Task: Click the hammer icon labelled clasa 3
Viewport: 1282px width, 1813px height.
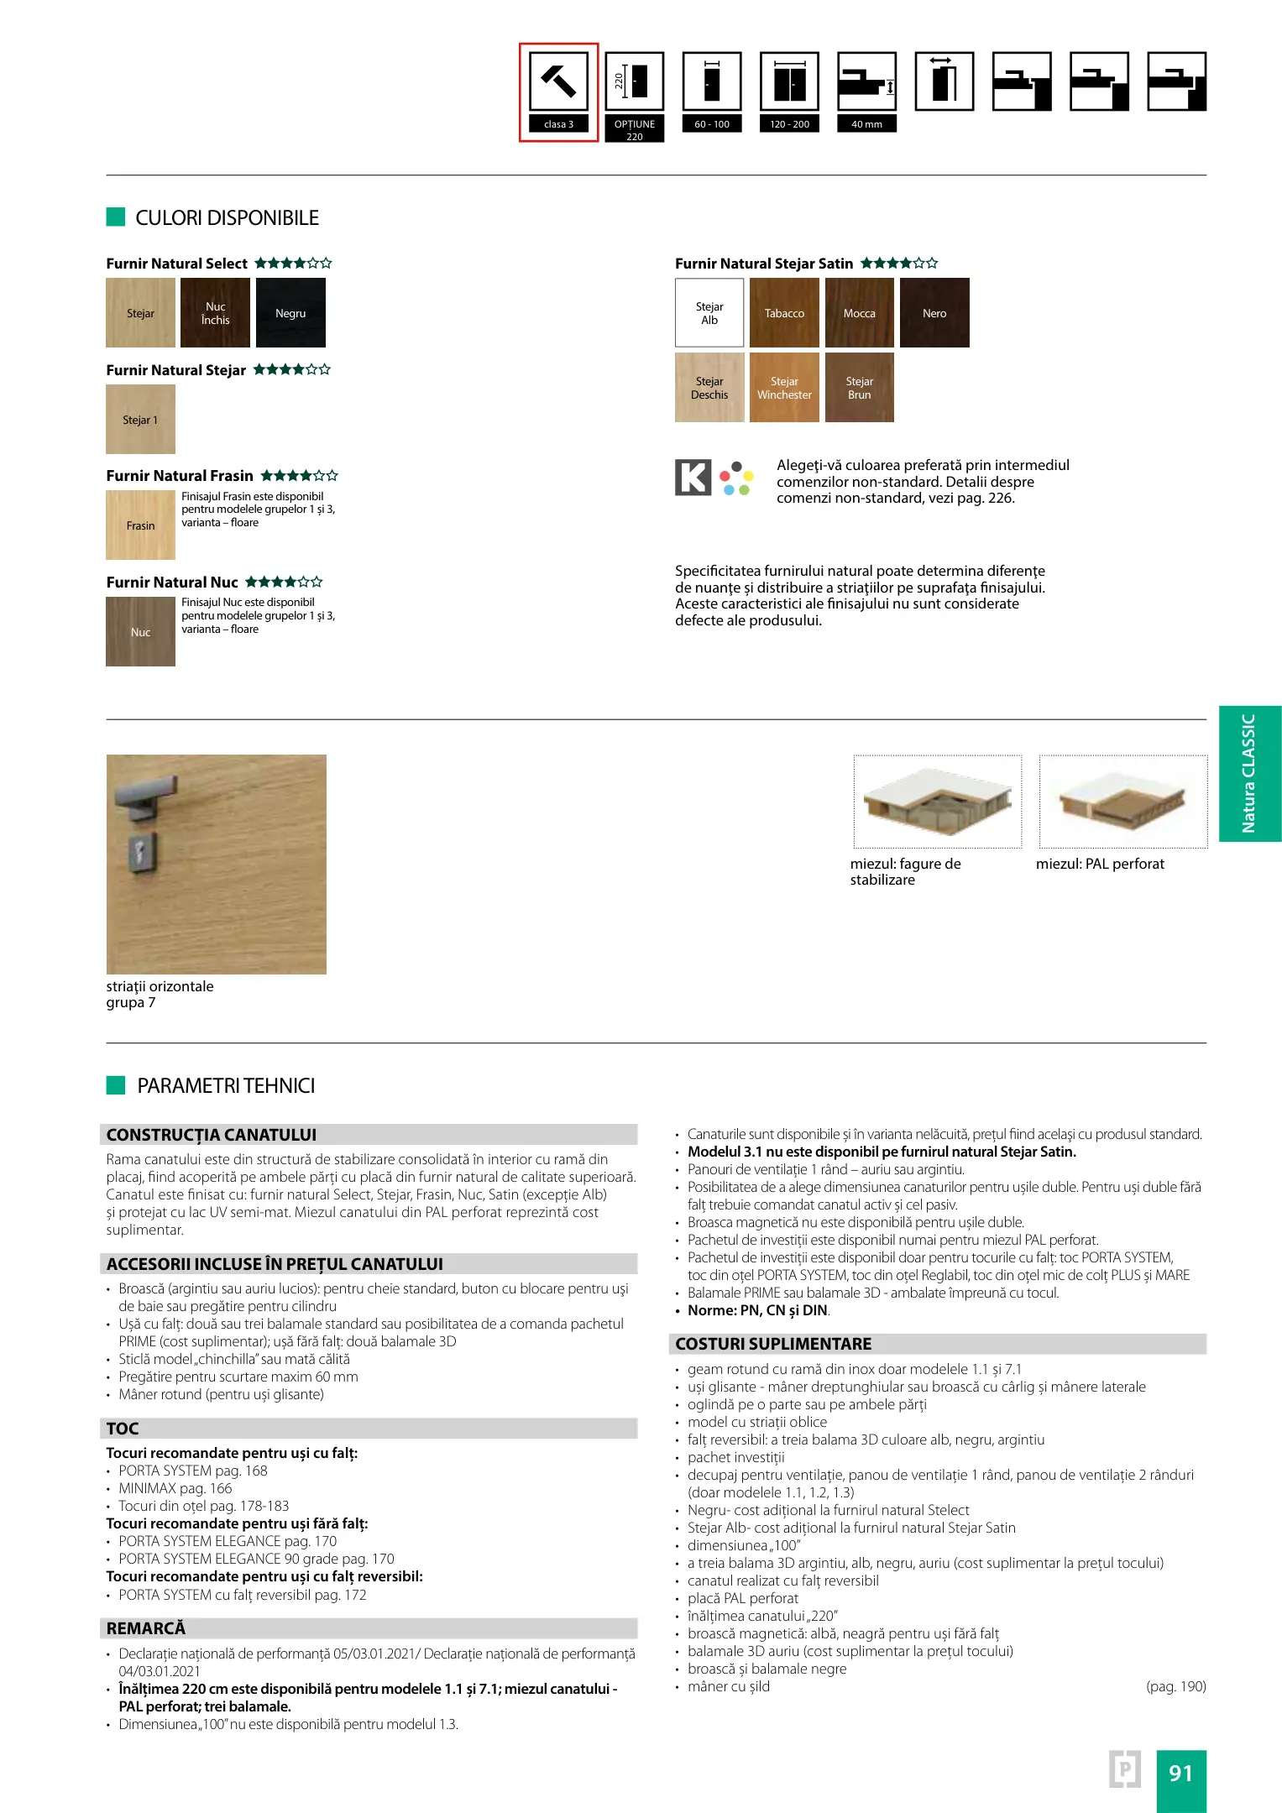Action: (x=558, y=81)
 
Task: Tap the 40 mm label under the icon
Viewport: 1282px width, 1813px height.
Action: (x=866, y=124)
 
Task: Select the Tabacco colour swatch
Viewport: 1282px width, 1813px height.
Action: (x=784, y=313)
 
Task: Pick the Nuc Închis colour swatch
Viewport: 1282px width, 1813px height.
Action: (x=215, y=313)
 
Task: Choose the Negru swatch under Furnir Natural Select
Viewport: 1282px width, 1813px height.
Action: (x=290, y=313)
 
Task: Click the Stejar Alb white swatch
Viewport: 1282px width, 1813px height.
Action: (x=709, y=313)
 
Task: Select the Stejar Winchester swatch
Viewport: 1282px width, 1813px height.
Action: (x=784, y=388)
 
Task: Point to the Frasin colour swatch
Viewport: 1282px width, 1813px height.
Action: (x=140, y=525)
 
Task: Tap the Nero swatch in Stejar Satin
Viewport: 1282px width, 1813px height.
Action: (x=934, y=313)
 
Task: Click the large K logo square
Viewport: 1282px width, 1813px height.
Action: (x=693, y=478)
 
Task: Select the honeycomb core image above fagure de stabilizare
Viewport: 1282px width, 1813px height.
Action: (x=937, y=802)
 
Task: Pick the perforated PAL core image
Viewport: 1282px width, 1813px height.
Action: (x=1122, y=802)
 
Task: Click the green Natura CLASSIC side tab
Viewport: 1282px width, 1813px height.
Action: (x=1249, y=773)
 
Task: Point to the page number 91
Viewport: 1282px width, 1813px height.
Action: (x=1180, y=1773)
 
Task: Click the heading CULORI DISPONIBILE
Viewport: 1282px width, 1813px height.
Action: (x=227, y=218)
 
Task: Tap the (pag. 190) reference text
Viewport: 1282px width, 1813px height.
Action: (x=1175, y=1686)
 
